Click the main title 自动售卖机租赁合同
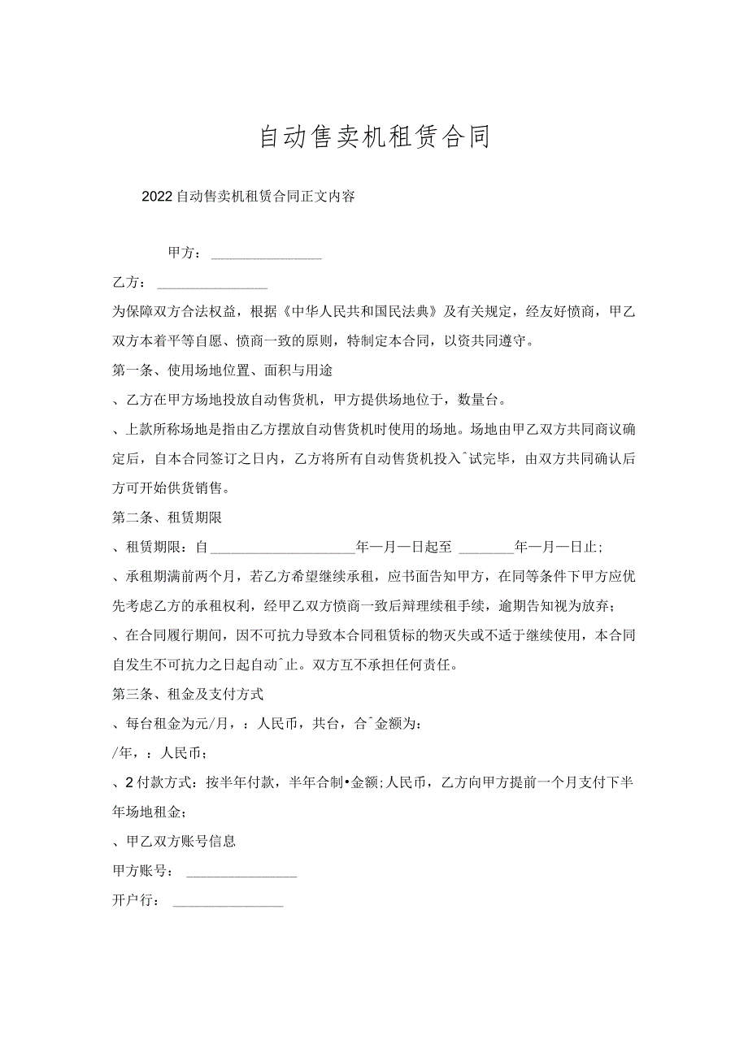(x=375, y=137)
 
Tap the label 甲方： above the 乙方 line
(x=185, y=253)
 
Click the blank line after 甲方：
(x=267, y=257)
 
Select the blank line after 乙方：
(x=212, y=286)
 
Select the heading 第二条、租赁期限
(x=167, y=518)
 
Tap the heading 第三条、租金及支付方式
(x=187, y=695)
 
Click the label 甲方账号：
(x=142, y=871)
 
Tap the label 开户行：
(x=136, y=900)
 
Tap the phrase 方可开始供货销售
(x=171, y=488)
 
